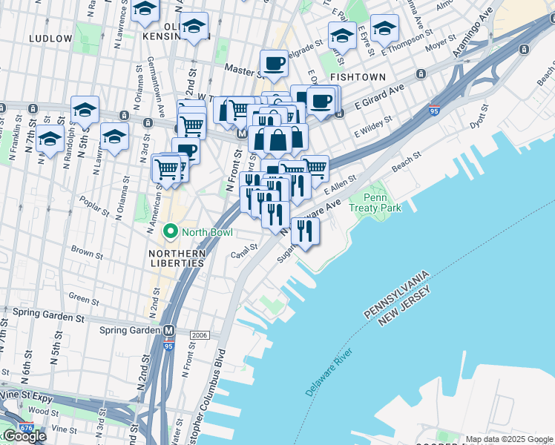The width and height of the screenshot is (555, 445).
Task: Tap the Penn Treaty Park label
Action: click(381, 202)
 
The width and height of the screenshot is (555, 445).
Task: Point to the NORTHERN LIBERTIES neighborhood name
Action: click(172, 258)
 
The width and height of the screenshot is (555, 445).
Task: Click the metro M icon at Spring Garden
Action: click(169, 330)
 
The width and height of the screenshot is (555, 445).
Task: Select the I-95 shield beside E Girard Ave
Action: click(434, 111)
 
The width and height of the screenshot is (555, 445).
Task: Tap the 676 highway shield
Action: click(27, 428)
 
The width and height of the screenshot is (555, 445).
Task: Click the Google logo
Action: click(24, 436)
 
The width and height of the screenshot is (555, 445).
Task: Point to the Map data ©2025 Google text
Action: click(510, 439)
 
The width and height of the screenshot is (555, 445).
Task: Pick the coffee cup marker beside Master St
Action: click(274, 65)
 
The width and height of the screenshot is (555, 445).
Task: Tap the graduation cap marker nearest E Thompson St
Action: click(384, 29)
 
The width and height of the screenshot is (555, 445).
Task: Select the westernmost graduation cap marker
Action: click(50, 139)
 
